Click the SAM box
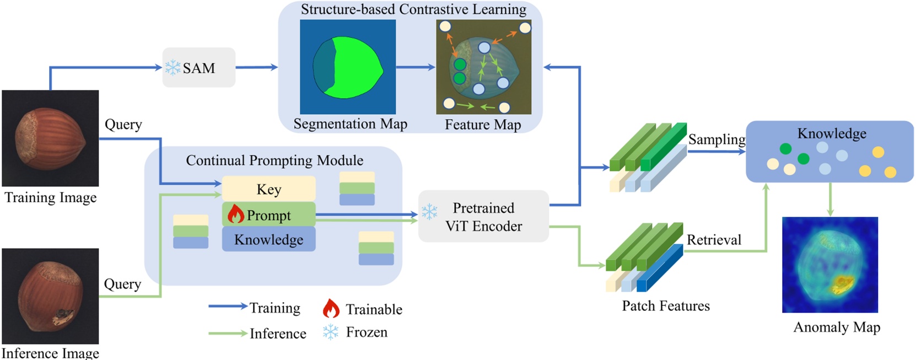pos(198,68)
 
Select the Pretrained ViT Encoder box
pos(483,217)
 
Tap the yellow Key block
pos(268,189)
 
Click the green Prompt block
pos(268,214)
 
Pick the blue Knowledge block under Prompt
pos(268,239)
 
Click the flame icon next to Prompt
pos(235,214)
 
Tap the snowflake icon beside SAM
pos(173,68)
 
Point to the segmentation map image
pos(348,67)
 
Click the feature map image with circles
pos(483,67)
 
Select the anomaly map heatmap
pos(829,265)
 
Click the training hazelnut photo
pos(50,138)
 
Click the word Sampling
pos(716,139)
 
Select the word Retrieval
pos(714,240)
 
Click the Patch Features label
pos(666,306)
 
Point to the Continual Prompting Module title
pos(274,160)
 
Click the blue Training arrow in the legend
pos(228,307)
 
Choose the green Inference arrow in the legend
pos(228,333)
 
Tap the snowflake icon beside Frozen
pos(330,332)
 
